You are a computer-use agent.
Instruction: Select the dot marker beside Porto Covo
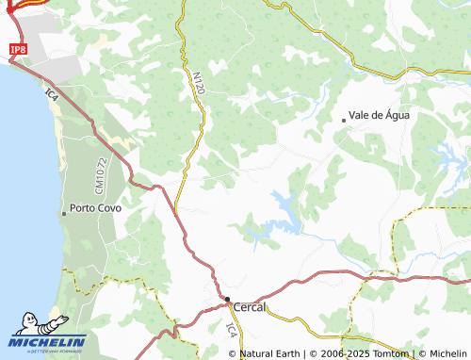click(64, 213)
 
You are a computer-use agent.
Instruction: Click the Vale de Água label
click(379, 115)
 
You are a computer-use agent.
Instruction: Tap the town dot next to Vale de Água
click(343, 119)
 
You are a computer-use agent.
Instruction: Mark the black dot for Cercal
click(227, 301)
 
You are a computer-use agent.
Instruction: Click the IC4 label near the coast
click(52, 95)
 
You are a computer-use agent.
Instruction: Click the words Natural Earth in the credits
click(270, 354)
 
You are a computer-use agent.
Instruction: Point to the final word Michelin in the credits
click(447, 354)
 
